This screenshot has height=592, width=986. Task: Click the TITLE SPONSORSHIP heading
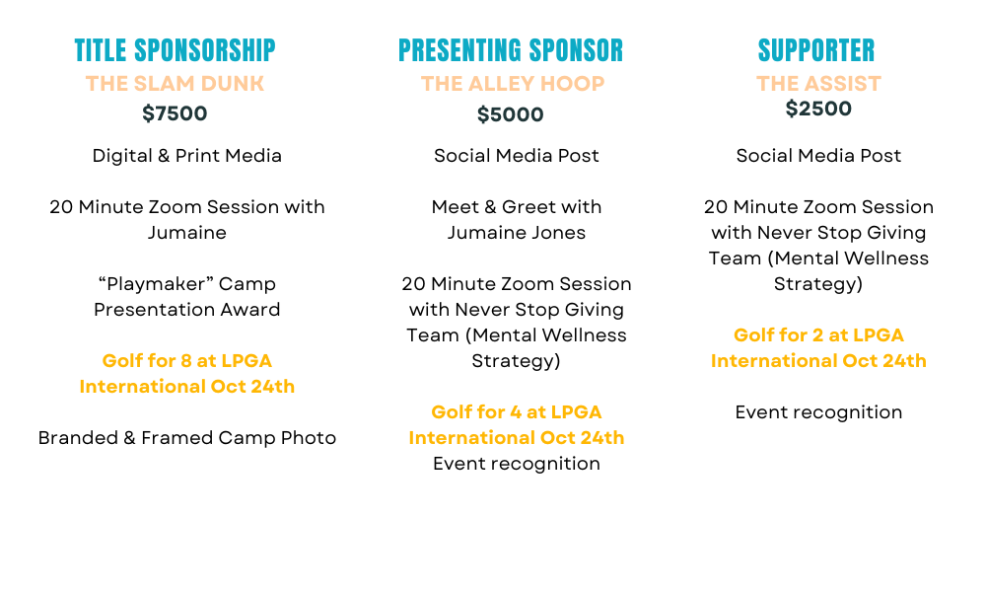(175, 50)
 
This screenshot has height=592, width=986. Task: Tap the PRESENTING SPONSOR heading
(511, 50)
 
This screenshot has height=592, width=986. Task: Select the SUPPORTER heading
(816, 50)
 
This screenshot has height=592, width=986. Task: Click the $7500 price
(175, 113)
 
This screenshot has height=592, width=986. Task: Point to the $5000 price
(511, 114)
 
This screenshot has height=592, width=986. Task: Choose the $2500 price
(818, 109)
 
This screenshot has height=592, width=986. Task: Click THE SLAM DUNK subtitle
(175, 84)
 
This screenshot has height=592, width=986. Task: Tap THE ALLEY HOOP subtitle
(513, 84)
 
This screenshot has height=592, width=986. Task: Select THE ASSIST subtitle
(818, 84)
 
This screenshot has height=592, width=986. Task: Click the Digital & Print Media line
(186, 155)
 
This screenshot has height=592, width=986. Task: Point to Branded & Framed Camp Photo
(186, 438)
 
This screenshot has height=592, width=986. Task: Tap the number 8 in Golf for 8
(186, 360)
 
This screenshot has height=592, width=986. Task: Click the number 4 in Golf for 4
(516, 412)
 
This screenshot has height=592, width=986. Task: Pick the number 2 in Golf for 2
(817, 335)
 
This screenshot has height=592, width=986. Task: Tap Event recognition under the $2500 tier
(818, 412)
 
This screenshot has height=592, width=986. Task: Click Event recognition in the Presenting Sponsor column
(517, 464)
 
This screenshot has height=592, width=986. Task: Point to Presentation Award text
(186, 310)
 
